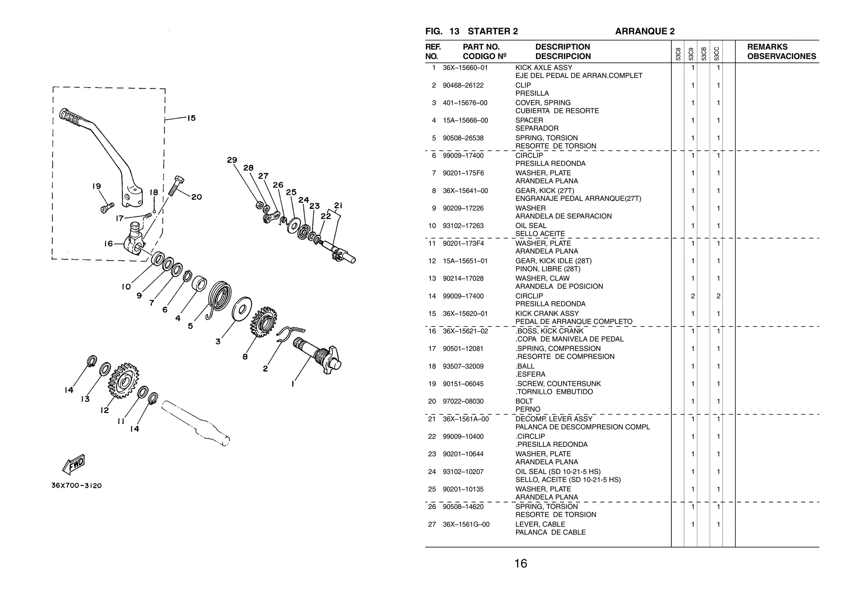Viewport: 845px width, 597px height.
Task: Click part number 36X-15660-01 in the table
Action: [465, 68]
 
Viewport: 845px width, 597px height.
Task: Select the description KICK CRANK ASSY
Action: [547, 314]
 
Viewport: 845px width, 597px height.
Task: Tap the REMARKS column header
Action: [767, 47]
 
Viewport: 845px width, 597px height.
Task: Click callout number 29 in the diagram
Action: [232, 160]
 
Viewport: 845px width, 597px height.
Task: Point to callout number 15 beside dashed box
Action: [191, 118]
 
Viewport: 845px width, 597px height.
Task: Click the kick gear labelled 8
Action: [263, 322]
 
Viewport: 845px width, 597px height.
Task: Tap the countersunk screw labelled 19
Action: [107, 207]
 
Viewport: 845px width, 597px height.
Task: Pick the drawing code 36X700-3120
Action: [76, 486]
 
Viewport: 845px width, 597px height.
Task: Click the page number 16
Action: [520, 563]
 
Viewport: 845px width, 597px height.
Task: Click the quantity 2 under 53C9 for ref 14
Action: [693, 296]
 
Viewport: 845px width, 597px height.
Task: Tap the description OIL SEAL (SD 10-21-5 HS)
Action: [558, 472]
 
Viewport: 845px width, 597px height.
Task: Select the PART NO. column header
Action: [481, 47]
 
